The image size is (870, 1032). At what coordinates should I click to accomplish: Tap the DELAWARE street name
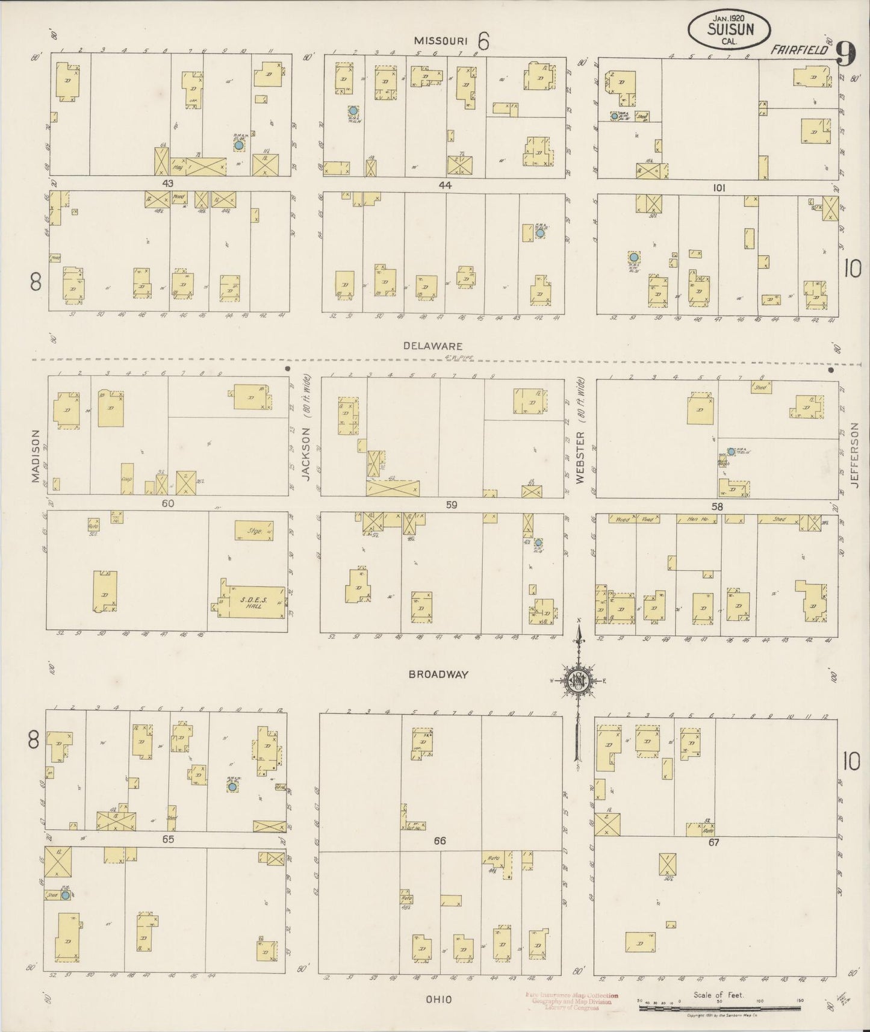433,346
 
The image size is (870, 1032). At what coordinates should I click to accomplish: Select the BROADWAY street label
438,675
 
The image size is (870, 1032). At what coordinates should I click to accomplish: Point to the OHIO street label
439,999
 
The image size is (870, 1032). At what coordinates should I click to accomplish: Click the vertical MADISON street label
35,456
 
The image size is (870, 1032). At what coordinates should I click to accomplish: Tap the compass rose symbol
577,680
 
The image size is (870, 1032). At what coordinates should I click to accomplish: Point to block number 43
167,184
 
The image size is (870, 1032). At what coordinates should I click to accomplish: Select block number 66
440,841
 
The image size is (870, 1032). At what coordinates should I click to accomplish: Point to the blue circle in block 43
239,145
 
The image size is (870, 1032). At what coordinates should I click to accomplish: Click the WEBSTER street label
580,456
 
